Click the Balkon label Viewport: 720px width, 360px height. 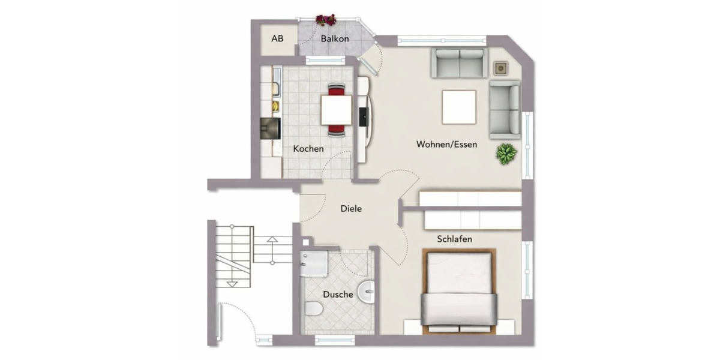click(x=335, y=39)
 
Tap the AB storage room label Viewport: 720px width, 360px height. click(x=277, y=39)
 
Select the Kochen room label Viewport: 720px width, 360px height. click(x=308, y=149)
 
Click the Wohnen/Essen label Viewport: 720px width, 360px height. click(x=447, y=145)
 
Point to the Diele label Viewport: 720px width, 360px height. click(x=351, y=209)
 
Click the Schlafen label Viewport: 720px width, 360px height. click(x=454, y=239)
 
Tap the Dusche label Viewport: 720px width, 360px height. click(x=338, y=295)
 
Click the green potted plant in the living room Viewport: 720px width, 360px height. click(x=506, y=154)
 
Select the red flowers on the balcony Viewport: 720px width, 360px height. click(x=326, y=20)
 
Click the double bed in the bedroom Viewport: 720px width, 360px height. click(x=459, y=292)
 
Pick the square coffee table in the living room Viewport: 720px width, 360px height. click(x=459, y=106)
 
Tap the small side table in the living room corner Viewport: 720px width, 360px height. click(x=500, y=68)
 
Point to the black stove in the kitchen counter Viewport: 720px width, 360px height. click(x=270, y=128)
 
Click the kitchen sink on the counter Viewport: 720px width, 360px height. click(x=277, y=89)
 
